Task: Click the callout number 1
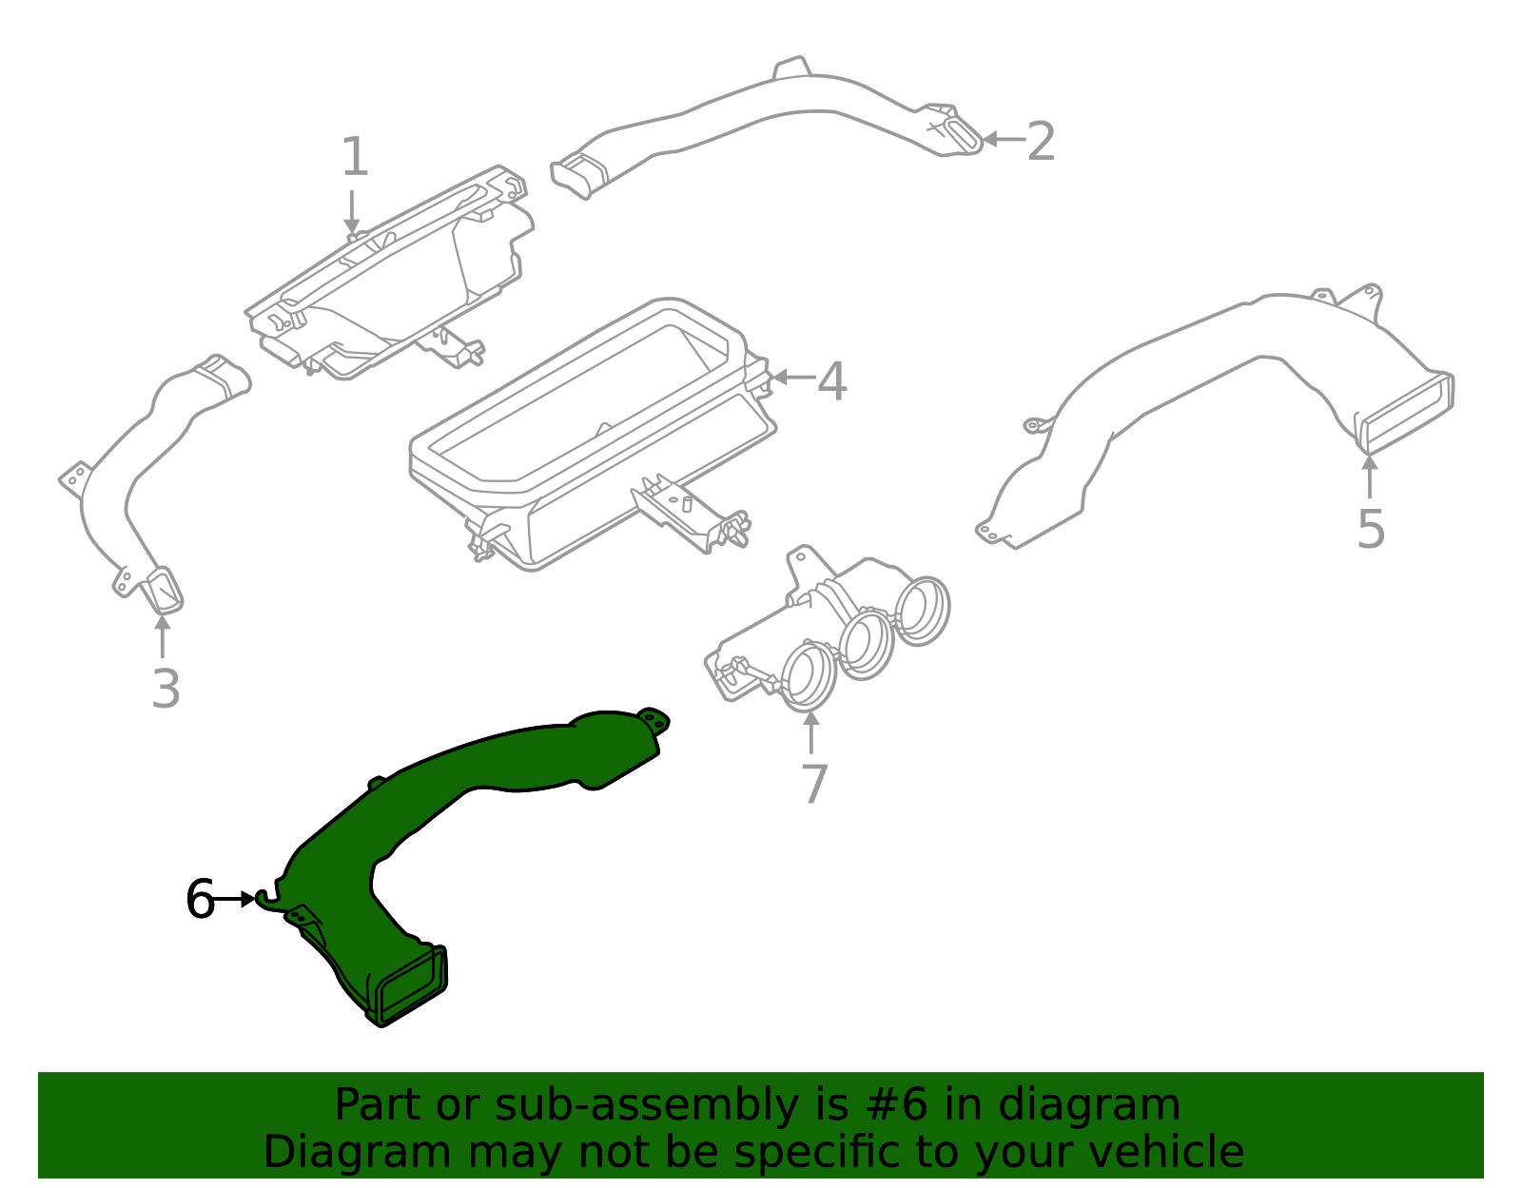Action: pyautogui.click(x=355, y=157)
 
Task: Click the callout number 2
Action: pyautogui.click(x=1041, y=142)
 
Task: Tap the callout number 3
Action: pyautogui.click(x=166, y=689)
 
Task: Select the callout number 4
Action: pyautogui.click(x=832, y=381)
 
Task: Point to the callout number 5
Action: pyautogui.click(x=1370, y=529)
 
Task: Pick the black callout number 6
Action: pyautogui.click(x=200, y=899)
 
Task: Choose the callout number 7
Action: pyautogui.click(x=814, y=785)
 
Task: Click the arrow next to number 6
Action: pyautogui.click(x=234, y=899)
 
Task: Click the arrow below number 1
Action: pyautogui.click(x=352, y=211)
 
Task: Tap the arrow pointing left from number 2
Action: pyautogui.click(x=1003, y=139)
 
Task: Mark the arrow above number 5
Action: pyautogui.click(x=1369, y=477)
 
